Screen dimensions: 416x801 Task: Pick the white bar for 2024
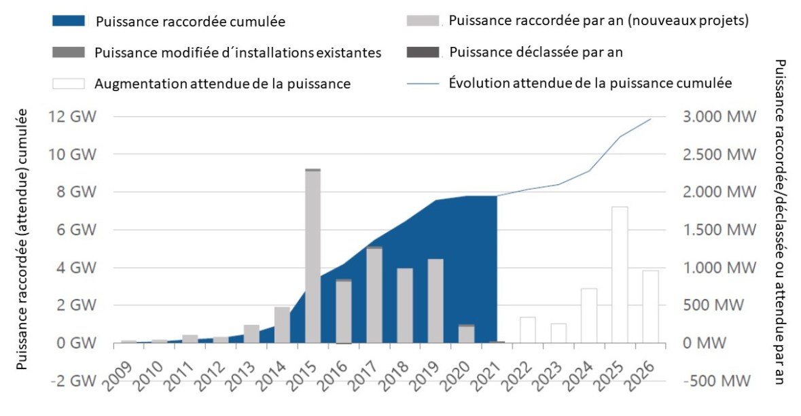pos(589,316)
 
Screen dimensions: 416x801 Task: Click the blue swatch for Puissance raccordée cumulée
pos(69,20)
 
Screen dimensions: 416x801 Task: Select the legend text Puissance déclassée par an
pos(536,52)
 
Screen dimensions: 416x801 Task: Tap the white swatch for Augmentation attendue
pos(69,84)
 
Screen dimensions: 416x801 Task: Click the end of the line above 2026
pos(651,119)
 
